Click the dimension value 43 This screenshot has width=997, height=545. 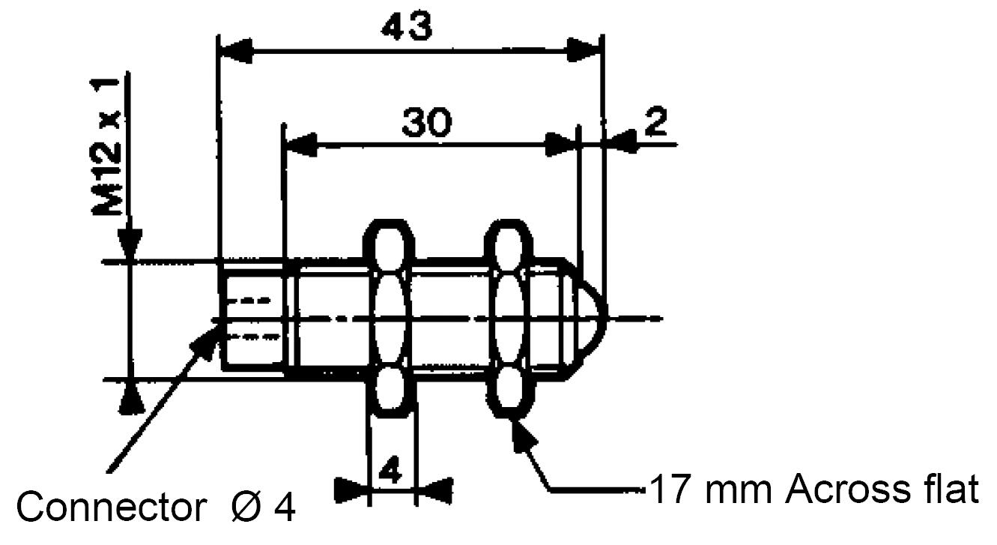(x=407, y=25)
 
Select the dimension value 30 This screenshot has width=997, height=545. (x=427, y=121)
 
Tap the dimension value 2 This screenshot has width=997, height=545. (x=655, y=121)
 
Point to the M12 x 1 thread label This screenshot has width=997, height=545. (x=106, y=147)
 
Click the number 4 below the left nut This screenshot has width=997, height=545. (x=390, y=469)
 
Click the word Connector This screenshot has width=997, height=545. (x=112, y=508)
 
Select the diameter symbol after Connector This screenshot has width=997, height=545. (x=246, y=508)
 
